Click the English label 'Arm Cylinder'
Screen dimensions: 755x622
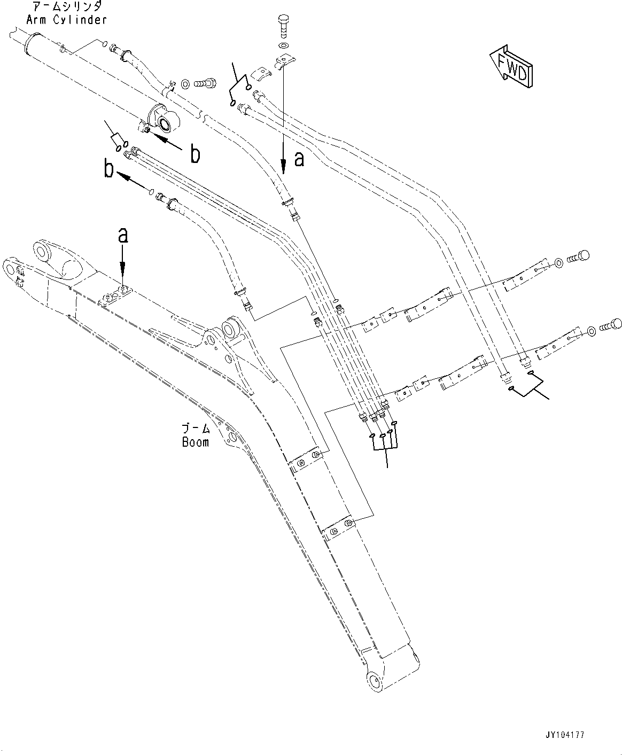66,20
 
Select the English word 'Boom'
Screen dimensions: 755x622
195,442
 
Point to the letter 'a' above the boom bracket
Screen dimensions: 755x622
123,235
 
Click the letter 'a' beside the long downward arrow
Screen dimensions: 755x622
299,158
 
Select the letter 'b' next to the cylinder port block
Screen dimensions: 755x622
196,154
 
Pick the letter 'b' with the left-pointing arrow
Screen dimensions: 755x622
109,170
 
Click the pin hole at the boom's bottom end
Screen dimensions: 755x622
375,681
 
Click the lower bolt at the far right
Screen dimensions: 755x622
611,324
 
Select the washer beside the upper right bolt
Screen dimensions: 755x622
558,262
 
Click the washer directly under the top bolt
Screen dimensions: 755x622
283,46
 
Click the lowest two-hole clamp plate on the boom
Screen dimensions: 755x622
339,528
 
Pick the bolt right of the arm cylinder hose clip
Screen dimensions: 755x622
206,83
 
